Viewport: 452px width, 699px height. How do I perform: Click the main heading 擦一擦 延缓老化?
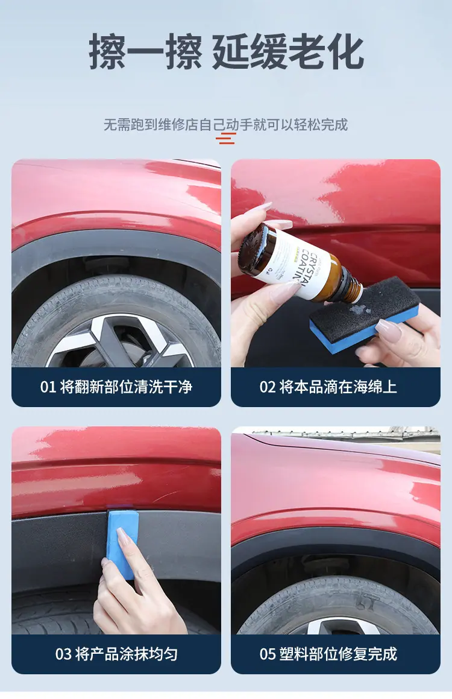[226, 52]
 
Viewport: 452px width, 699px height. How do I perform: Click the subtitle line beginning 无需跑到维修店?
[226, 124]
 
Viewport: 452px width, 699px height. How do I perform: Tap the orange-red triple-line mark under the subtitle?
[226, 139]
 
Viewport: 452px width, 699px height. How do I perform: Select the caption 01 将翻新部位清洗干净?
[116, 387]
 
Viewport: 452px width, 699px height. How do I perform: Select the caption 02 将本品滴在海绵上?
[328, 387]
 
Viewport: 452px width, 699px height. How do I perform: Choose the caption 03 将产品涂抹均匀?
[116, 654]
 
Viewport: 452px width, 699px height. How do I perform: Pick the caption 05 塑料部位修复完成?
[328, 654]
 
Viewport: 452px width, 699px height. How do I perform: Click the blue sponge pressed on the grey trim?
[121, 542]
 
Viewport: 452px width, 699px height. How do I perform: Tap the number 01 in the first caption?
[48, 387]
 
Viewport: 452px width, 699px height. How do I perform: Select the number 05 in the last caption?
[268, 654]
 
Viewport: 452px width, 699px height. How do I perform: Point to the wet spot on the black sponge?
[360, 308]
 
